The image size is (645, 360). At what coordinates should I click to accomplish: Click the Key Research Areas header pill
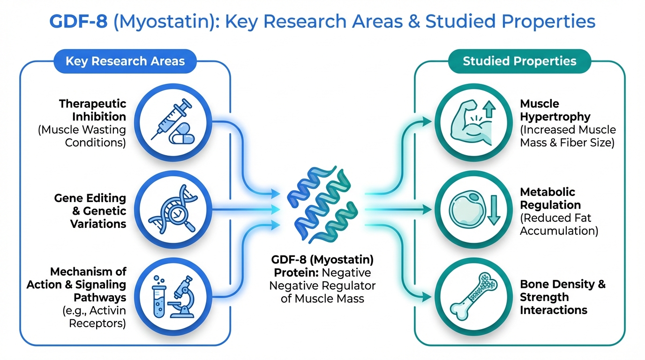(125, 61)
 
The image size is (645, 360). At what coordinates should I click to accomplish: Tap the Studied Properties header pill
(519, 61)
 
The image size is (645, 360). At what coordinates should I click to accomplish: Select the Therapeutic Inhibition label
(93, 110)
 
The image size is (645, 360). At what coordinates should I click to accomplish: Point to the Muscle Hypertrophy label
(549, 110)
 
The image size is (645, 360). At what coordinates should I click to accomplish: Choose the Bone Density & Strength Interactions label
(562, 297)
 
